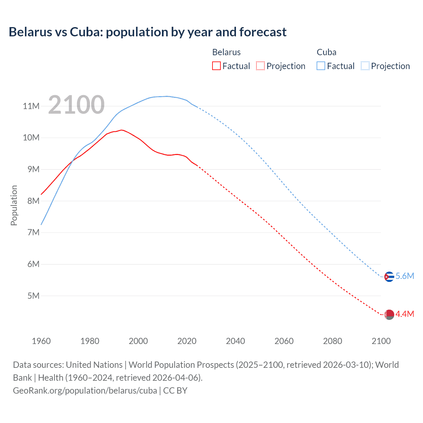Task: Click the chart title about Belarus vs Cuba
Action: tap(147, 32)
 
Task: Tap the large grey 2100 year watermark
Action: tap(76, 105)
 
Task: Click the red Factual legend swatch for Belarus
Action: tap(216, 66)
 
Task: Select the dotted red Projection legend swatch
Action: tap(260, 66)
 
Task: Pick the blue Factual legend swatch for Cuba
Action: tap(321, 66)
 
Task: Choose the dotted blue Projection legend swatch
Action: tap(365, 66)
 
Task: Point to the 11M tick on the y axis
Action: tap(31, 106)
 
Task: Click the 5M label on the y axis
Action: tap(33, 296)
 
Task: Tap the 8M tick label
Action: tap(33, 201)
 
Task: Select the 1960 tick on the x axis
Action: tap(41, 341)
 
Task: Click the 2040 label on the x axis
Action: tap(235, 341)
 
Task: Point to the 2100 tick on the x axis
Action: tap(381, 341)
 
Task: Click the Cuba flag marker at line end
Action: tap(389, 277)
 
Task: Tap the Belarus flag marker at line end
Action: tap(389, 315)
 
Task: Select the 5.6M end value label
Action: tap(405, 276)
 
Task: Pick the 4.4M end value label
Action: tap(405, 314)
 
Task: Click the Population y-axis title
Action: tap(14, 205)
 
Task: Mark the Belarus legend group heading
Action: tap(226, 52)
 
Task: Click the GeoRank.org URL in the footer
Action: tap(85, 391)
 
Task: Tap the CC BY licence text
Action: tap(175, 391)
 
